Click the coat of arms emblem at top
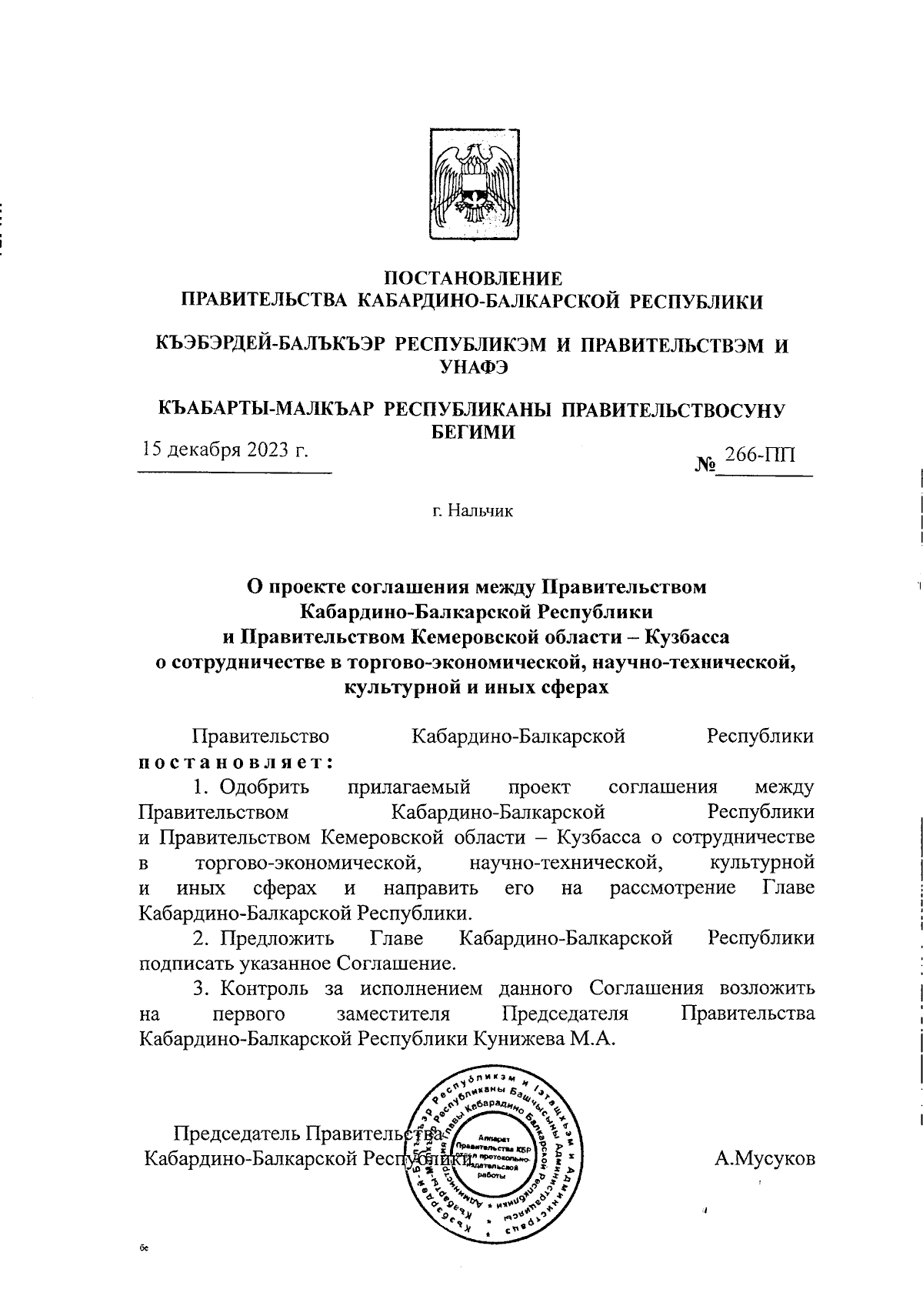coord(473,188)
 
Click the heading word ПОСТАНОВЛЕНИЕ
coord(472,278)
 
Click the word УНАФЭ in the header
coord(472,369)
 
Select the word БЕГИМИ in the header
coord(471,433)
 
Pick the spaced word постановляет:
coord(235,762)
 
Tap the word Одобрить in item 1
coord(264,787)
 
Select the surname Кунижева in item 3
coord(524,1039)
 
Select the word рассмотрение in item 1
coord(673,888)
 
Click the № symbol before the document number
coord(706,465)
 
